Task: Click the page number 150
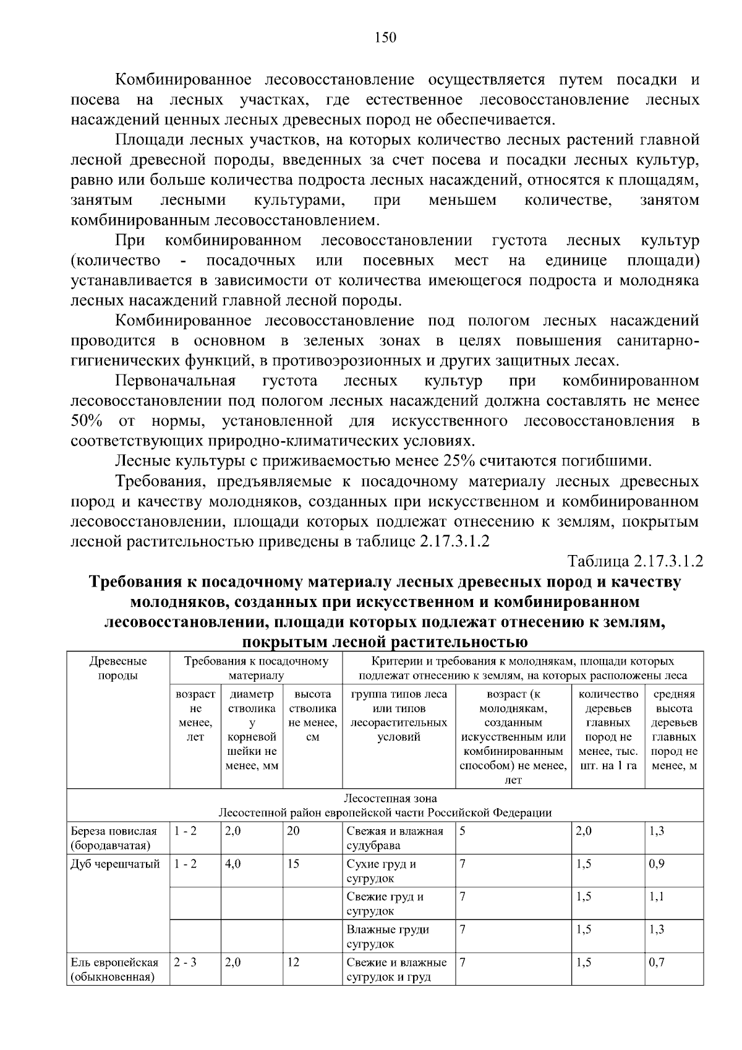pos(385,38)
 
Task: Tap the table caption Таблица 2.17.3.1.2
pos(636,561)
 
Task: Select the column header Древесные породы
pos(118,668)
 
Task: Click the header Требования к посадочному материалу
pos(256,668)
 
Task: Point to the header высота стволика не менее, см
pos(312,715)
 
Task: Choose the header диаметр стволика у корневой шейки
pos(252,729)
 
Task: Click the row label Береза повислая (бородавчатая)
pos(114,838)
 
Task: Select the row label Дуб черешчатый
pos(116,864)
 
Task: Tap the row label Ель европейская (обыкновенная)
pos(114,970)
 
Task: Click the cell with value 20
pos(293,831)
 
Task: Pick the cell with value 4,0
pos(233,864)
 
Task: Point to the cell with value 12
pos(293,963)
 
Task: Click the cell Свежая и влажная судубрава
pos(395,838)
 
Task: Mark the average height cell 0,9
pos(657,864)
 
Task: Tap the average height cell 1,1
pos(657,897)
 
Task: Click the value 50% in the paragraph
pos(87,421)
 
